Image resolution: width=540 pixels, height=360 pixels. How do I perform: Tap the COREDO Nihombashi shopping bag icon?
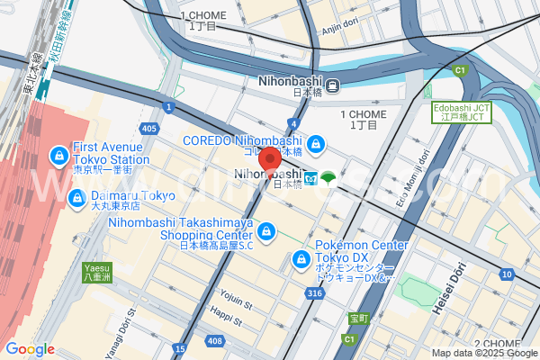[316, 143]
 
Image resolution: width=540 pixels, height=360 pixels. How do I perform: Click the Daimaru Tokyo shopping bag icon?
[77, 196]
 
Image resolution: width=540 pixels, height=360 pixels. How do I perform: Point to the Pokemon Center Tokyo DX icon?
[301, 260]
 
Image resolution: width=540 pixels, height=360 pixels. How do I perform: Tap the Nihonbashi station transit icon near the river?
[333, 86]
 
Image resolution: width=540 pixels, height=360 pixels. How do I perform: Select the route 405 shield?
[149, 130]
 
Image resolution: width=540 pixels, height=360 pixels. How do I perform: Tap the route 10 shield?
[508, 274]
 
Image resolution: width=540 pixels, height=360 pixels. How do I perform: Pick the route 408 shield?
[214, 340]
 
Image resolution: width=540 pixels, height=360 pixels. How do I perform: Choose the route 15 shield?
[180, 347]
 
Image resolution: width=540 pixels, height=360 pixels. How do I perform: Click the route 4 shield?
[293, 122]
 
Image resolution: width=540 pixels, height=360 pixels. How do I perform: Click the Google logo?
[30, 348]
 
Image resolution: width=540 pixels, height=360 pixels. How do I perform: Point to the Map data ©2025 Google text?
[484, 353]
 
